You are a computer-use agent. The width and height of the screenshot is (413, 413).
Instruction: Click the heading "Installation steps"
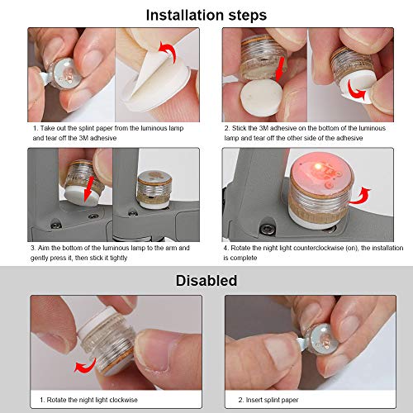point(206,15)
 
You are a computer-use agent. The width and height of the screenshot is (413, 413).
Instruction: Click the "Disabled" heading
point(206,281)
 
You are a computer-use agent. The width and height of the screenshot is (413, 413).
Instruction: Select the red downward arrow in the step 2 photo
point(280,69)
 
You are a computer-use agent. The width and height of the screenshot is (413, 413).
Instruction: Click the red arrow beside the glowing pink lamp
point(361,196)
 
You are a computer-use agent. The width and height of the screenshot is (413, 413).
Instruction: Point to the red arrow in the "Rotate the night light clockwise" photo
point(85,366)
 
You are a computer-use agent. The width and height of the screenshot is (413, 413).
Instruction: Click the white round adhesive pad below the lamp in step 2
point(261,97)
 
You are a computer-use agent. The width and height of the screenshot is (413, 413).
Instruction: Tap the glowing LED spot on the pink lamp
point(318,167)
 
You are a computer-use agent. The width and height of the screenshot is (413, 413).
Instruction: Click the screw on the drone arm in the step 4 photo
point(267,228)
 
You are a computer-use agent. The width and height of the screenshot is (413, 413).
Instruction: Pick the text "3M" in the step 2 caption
point(263,128)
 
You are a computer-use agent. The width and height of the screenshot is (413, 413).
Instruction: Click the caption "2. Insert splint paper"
point(268,400)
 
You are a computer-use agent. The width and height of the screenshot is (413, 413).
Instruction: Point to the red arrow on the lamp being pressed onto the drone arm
point(89,189)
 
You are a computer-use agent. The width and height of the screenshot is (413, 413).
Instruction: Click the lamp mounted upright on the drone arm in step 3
point(154,189)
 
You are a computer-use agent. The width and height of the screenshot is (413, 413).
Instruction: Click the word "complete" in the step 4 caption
point(244,259)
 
